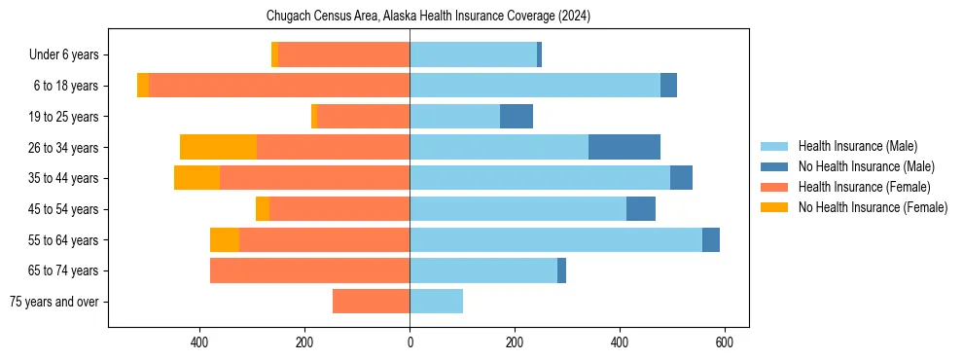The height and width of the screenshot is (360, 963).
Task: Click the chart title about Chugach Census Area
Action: click(x=428, y=17)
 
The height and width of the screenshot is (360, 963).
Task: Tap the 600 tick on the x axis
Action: click(x=725, y=342)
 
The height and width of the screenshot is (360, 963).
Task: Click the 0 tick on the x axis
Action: click(x=410, y=342)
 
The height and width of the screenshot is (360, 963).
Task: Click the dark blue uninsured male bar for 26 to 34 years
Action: click(x=624, y=147)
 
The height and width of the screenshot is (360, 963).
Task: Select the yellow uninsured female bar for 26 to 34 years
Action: click(x=218, y=147)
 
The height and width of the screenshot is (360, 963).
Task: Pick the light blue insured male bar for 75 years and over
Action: click(x=436, y=302)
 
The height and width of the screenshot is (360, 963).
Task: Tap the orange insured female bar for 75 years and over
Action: click(x=371, y=302)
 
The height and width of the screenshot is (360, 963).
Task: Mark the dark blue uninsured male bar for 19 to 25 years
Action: click(x=517, y=117)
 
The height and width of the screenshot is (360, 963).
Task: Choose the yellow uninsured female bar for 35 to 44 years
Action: click(x=196, y=178)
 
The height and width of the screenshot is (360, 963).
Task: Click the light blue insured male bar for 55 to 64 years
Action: click(x=555, y=239)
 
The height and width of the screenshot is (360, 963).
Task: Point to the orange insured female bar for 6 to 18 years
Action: click(x=279, y=86)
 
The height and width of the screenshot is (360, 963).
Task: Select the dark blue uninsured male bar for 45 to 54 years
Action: click(x=641, y=209)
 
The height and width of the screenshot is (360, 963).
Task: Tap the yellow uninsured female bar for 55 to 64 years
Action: click(x=225, y=239)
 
